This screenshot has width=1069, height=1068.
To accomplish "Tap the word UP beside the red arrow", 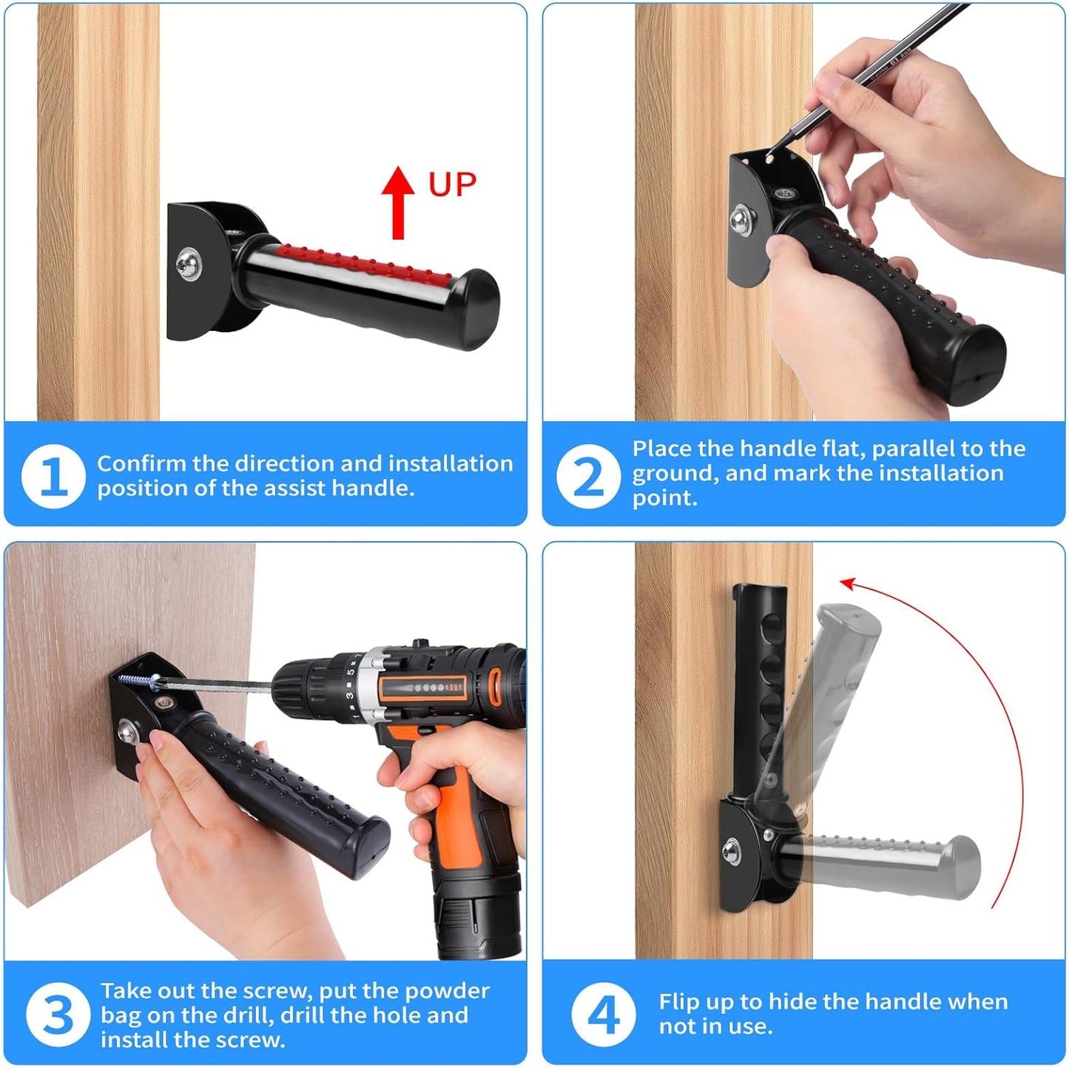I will (452, 185).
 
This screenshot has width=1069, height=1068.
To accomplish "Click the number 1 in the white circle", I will (53, 476).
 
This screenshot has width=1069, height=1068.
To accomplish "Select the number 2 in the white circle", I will (588, 476).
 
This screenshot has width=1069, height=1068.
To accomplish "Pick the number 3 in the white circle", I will (58, 1015).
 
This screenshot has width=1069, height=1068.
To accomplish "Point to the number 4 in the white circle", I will (603, 1015).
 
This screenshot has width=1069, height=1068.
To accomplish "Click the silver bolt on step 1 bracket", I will (188, 264).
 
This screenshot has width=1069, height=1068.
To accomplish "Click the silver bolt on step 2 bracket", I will (742, 221).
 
